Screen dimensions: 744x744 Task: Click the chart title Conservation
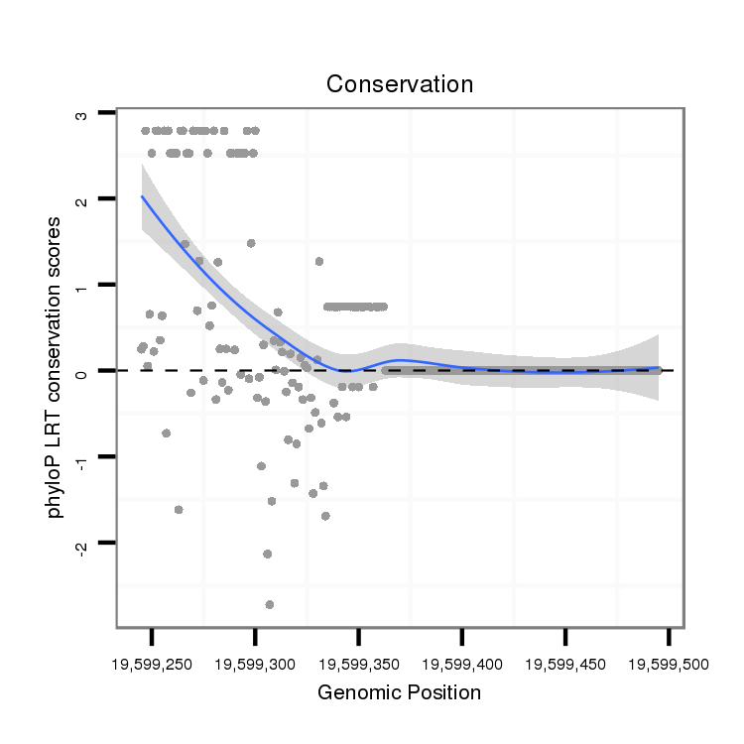pos(400,84)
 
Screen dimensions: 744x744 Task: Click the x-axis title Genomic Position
pos(399,692)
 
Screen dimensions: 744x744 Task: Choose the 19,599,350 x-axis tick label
pos(358,664)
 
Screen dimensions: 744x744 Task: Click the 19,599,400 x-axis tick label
pos(461,664)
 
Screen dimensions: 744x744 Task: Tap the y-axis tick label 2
pos(82,199)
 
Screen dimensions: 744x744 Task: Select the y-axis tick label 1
pos(82,286)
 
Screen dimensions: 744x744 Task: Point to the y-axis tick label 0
pos(82,371)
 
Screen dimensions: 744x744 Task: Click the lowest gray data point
pos(270,604)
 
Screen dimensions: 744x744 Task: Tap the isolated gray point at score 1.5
pos(251,243)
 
